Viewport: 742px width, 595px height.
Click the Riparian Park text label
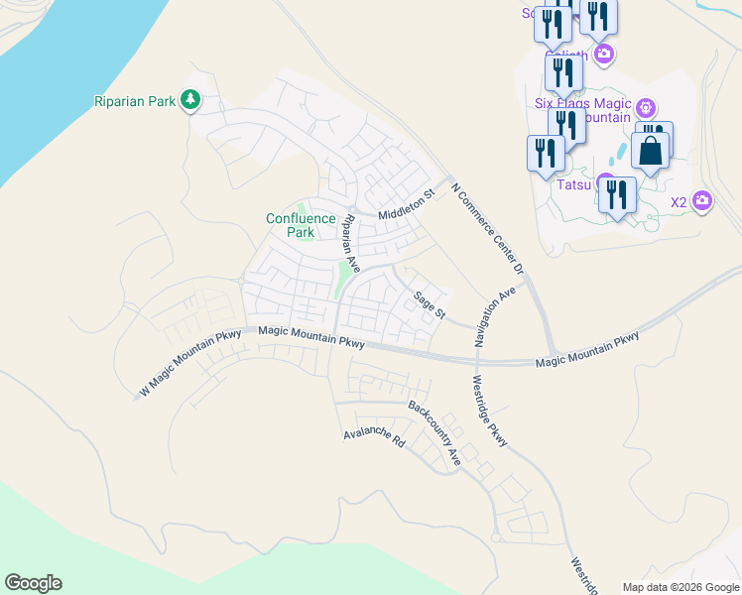pos(135,100)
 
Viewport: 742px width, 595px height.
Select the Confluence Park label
pos(290,225)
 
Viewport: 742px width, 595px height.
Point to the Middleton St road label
pos(407,204)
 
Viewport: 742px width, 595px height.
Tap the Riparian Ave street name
pos(349,242)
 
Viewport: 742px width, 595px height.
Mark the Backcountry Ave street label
pos(435,433)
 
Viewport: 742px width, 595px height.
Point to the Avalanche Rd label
pos(375,438)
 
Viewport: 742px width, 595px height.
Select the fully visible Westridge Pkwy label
pos(490,411)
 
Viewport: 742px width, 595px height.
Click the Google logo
pos(33,583)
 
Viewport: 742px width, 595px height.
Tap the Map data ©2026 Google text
pos(680,587)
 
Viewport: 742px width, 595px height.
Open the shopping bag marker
pos(651,151)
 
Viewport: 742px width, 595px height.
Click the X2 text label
pos(679,202)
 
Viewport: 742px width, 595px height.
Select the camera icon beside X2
pos(702,201)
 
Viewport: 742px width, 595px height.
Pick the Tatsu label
pos(573,184)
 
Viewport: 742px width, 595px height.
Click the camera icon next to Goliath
pos(603,54)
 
